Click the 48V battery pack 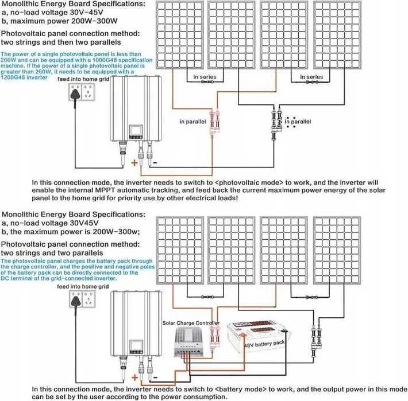pos(259,337)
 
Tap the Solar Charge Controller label pos(191,323)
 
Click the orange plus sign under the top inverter pos(134,163)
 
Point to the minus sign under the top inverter pos(155,163)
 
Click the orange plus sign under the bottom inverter pos(135,377)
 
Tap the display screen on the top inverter pos(136,130)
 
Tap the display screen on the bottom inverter pos(136,345)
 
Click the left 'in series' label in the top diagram pos(205,77)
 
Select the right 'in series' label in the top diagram pos(311,77)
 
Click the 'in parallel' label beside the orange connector pos(193,122)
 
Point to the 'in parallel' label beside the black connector pos(298,122)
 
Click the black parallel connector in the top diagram pos(276,122)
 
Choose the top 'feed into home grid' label pos(83,79)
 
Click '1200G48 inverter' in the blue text pos(24,77)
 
